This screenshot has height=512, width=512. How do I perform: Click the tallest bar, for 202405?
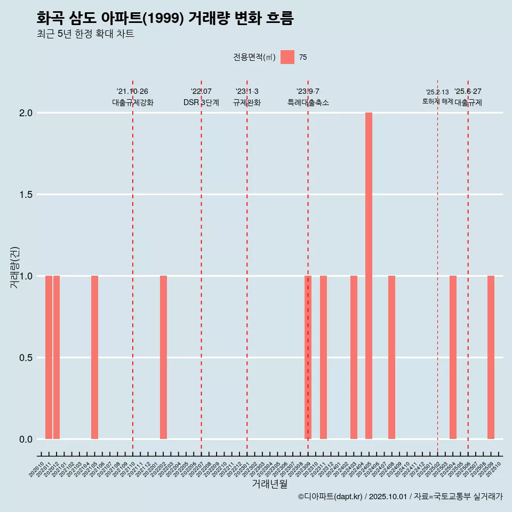click(x=369, y=276)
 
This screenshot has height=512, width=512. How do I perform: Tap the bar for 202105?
click(x=94, y=357)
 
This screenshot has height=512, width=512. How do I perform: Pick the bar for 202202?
click(x=163, y=357)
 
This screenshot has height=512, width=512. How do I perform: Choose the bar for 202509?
click(x=491, y=357)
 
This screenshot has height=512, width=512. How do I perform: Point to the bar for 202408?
click(x=391, y=357)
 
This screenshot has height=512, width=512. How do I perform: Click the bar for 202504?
click(x=453, y=357)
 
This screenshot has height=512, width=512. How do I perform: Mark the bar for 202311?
click(x=323, y=357)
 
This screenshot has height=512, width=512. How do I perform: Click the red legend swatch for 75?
click(x=287, y=57)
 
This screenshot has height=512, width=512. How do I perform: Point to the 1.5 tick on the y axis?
click(x=25, y=195)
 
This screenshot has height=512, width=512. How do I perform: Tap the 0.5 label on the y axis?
click(x=25, y=358)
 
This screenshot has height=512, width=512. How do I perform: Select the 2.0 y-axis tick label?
click(x=25, y=113)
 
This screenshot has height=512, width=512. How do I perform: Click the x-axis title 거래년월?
click(x=269, y=484)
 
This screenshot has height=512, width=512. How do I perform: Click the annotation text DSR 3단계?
click(x=201, y=103)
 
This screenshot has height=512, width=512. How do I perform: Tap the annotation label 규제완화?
click(x=247, y=103)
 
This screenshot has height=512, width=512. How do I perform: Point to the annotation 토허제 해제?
click(x=437, y=101)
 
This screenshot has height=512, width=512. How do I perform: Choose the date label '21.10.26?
click(x=132, y=92)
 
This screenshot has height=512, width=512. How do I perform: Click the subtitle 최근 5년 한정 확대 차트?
click(x=85, y=34)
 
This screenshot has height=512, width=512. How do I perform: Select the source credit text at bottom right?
click(x=400, y=497)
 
